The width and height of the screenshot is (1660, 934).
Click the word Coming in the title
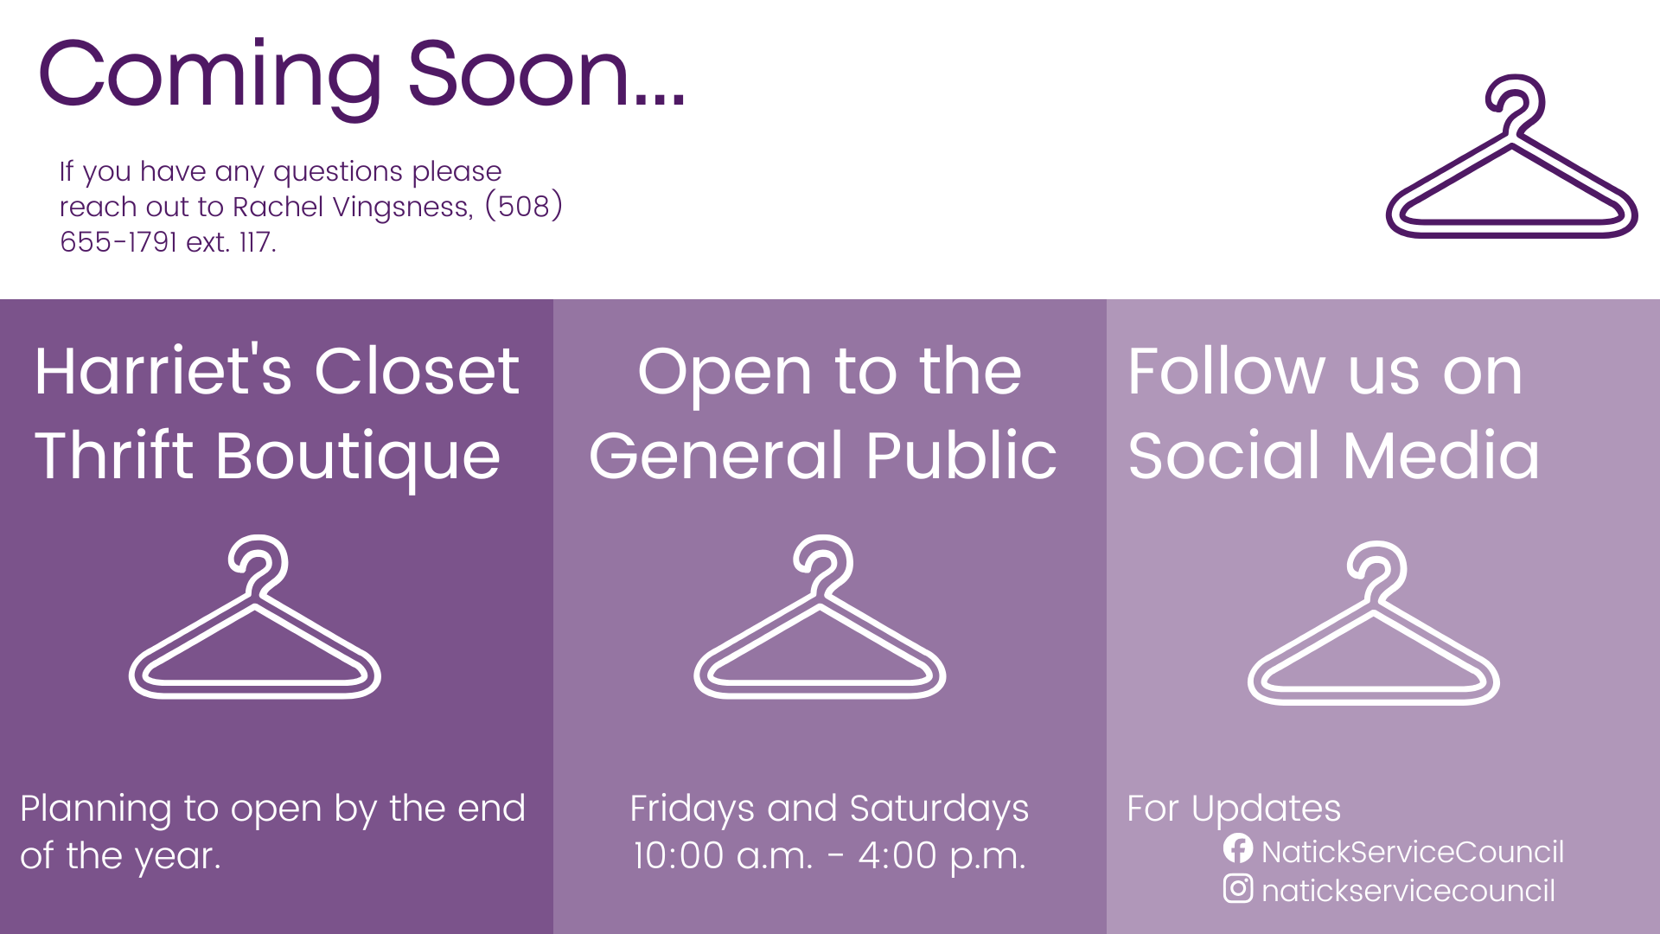pos(210,76)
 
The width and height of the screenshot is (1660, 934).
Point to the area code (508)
pos(524,207)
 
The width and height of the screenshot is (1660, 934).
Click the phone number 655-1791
pos(118,242)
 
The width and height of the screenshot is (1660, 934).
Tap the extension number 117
pos(257,242)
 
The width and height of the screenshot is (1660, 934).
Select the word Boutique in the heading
pos(358,457)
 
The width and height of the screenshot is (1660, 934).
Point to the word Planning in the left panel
pos(96,810)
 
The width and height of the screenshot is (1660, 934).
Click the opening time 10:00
pos(679,856)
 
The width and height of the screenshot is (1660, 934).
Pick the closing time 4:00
pos(898,856)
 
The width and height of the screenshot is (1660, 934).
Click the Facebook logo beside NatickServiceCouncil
pos(1238,848)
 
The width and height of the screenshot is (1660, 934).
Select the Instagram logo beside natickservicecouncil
pos(1238,888)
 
